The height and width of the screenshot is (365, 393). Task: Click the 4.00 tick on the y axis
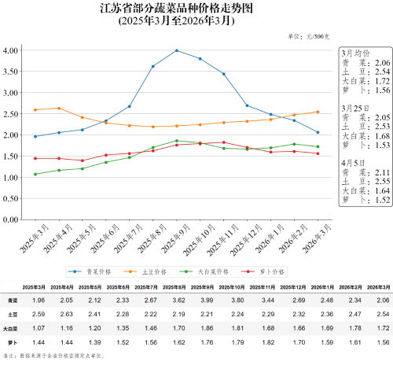click(11, 50)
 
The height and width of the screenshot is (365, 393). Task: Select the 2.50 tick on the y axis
click(11, 114)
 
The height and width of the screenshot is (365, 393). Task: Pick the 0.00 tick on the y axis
click(11, 220)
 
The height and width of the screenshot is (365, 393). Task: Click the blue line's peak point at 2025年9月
click(176, 50)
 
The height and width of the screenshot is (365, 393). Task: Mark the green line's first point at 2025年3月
click(35, 175)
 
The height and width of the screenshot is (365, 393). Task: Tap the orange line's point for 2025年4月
click(58, 109)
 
